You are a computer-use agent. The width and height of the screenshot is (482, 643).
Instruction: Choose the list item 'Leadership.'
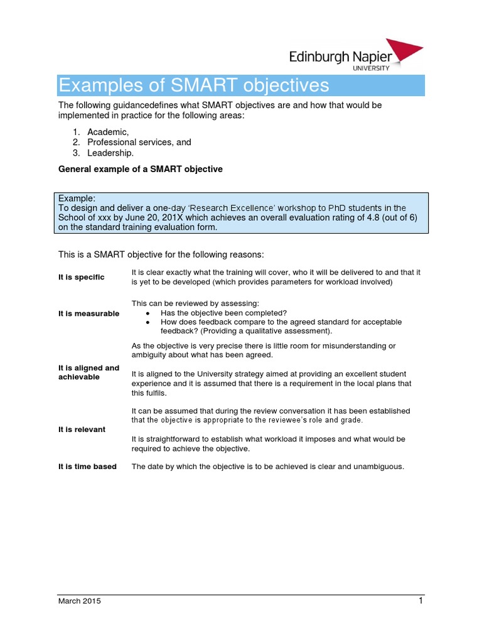pyautogui.click(x=110, y=153)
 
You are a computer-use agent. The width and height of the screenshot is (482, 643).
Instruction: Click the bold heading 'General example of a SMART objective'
pyautogui.click(x=140, y=170)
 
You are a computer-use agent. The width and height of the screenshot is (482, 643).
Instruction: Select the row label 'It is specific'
pyautogui.click(x=82, y=278)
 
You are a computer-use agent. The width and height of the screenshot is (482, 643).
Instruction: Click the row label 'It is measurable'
pyautogui.click(x=88, y=313)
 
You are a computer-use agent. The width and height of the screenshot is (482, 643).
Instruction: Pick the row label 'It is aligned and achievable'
pyautogui.click(x=88, y=372)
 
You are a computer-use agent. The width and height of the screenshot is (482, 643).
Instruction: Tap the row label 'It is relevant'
pyautogui.click(x=82, y=430)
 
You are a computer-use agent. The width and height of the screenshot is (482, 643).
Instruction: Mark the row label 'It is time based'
pyautogui.click(x=87, y=467)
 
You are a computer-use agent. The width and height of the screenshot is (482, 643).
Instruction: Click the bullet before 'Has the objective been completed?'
pyautogui.click(x=147, y=313)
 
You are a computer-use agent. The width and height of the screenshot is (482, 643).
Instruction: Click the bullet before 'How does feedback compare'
pyautogui.click(x=147, y=322)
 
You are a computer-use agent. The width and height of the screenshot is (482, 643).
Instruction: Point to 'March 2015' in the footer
pyautogui.click(x=79, y=601)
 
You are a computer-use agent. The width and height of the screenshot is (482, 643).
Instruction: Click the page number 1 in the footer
pyautogui.click(x=421, y=600)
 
